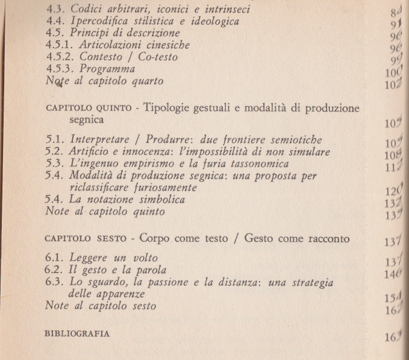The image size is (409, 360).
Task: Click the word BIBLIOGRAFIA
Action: point(77,333)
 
